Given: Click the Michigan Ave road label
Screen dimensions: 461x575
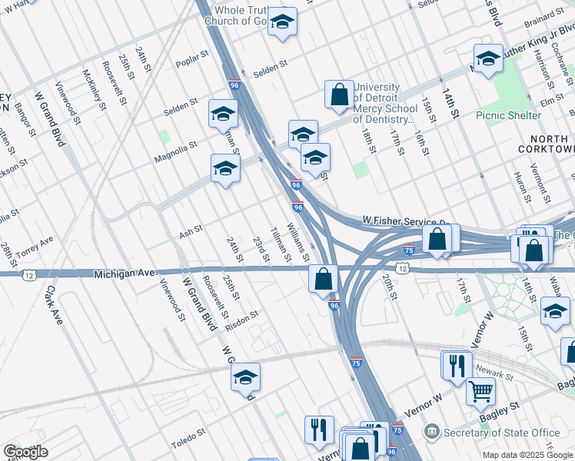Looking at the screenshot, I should point(125,274).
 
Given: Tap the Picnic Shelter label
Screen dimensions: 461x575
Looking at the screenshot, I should point(508,116).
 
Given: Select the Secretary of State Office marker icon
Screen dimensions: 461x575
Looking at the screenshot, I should point(432,432).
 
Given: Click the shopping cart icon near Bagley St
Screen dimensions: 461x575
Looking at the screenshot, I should point(480,392).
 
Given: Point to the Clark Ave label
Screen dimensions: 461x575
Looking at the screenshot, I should point(53,305).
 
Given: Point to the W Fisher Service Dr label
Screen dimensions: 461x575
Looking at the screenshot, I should point(404,221).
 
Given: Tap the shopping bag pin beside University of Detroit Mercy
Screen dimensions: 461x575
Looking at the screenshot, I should point(339,95).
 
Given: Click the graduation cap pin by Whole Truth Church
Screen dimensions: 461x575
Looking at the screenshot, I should point(282,22).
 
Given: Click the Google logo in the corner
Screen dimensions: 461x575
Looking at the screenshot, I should point(25,452).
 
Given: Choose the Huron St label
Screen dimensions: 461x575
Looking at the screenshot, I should point(521,184).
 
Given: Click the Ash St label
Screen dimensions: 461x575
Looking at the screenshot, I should point(191,230).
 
